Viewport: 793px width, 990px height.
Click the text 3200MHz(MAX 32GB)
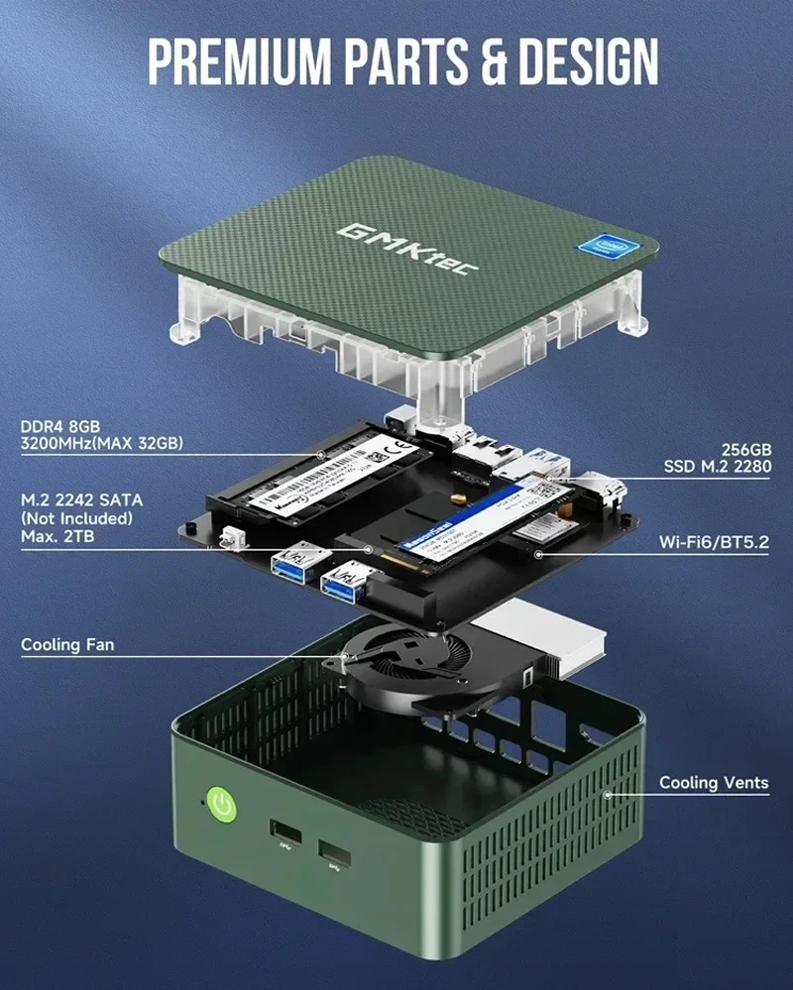tap(101, 444)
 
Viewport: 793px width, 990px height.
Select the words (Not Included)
tap(76, 517)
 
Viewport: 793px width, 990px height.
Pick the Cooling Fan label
tap(67, 645)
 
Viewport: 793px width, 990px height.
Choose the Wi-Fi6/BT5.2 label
tap(715, 543)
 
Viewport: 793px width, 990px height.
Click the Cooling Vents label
tap(714, 783)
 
